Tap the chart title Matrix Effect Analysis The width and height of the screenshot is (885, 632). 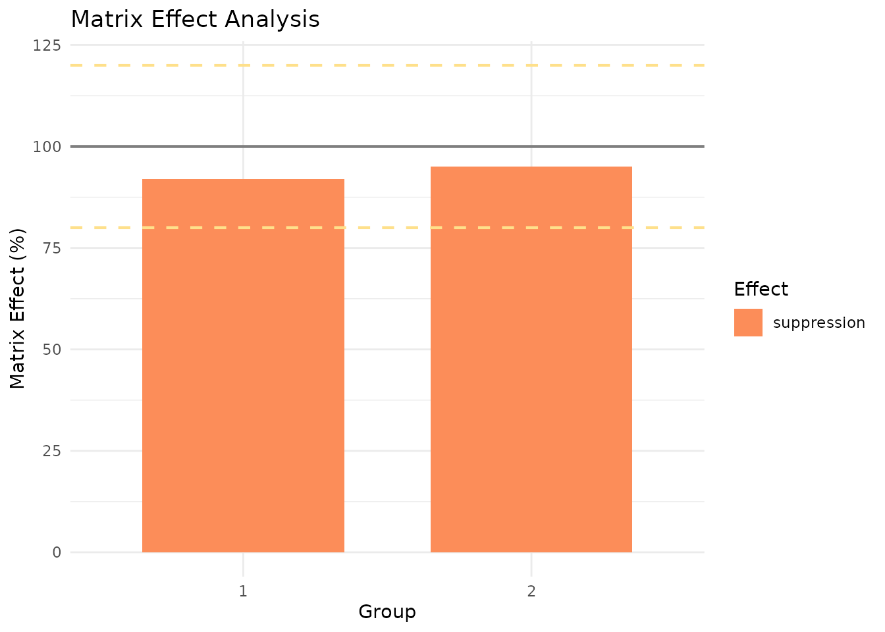tap(195, 19)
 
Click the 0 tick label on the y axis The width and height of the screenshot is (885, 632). tap(57, 552)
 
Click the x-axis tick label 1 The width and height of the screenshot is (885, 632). tap(243, 591)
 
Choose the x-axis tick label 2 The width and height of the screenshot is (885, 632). tap(531, 591)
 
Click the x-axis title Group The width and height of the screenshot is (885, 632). tap(387, 612)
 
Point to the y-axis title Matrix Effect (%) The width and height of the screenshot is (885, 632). tap(18, 308)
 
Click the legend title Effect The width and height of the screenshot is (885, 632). tap(761, 289)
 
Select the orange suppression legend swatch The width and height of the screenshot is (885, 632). tap(748, 323)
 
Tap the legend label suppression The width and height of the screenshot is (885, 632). tap(818, 323)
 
